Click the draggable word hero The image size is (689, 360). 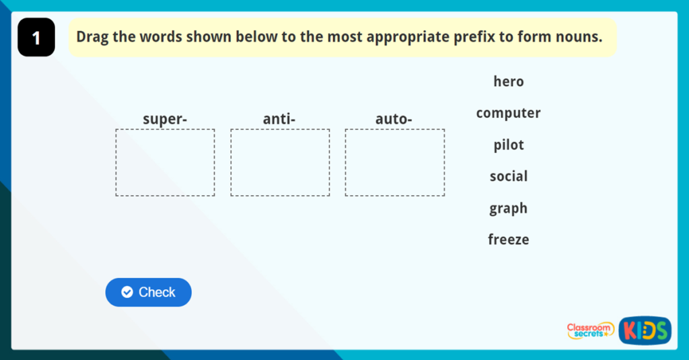[509, 81]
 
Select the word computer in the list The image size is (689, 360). [509, 113]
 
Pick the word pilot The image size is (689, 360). [509, 145]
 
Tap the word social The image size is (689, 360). [509, 176]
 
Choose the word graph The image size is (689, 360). [509, 208]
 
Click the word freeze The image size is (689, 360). [509, 240]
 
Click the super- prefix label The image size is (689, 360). [165, 119]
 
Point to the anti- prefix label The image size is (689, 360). [279, 118]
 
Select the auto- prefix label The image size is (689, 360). [394, 118]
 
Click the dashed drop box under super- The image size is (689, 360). [166, 130]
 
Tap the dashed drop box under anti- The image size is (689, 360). [280, 130]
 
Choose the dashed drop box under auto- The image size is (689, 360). [394, 130]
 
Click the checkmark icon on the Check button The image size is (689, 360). [127, 292]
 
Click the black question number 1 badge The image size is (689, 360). [36, 38]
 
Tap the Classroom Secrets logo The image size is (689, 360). [590, 330]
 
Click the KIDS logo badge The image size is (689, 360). [645, 330]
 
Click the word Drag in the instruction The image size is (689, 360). [92, 37]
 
